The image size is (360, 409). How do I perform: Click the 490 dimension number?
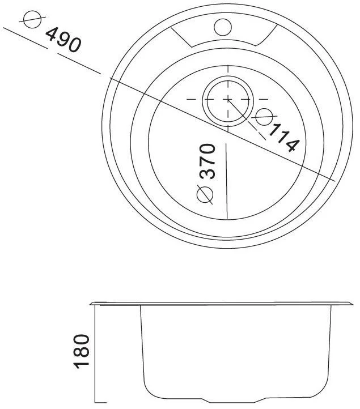pos(63,40)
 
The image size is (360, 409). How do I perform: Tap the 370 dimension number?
pos(207,161)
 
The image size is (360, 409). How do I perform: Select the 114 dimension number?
pos(283,138)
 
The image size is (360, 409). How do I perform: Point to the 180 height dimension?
pos(82,351)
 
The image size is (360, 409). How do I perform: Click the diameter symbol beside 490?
pos(32,19)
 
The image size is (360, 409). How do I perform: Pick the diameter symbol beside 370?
pos(205,194)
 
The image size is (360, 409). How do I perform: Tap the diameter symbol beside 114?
pos(264,117)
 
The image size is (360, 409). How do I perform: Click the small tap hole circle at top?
pos(223,27)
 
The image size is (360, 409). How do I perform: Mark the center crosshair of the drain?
pos(228,99)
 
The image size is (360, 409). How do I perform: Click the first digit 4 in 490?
pos(52,33)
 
